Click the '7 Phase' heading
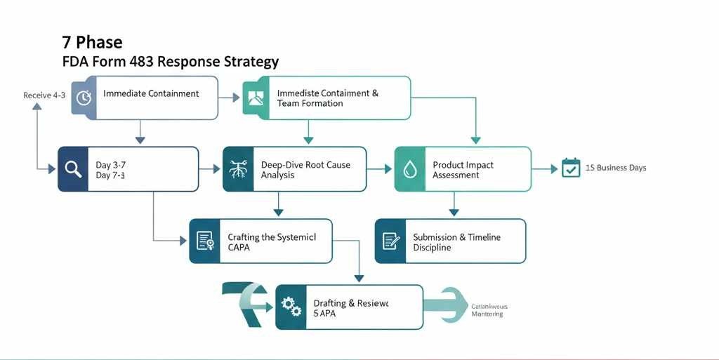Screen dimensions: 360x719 (x=92, y=42)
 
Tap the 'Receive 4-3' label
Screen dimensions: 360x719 (x=44, y=95)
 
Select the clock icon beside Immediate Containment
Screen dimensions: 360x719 (x=84, y=98)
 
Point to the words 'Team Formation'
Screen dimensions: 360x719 (x=310, y=103)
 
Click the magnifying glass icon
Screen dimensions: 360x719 (x=73, y=168)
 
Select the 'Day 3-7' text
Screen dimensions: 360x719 (x=110, y=165)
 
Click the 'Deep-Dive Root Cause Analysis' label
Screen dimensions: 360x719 (x=305, y=170)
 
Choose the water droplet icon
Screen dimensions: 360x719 (x=409, y=169)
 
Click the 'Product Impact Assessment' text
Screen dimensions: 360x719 (x=463, y=170)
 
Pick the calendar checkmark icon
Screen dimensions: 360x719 (x=571, y=168)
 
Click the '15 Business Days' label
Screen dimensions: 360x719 (x=616, y=168)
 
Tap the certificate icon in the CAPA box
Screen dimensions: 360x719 (x=205, y=241)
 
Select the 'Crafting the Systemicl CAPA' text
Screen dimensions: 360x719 (x=272, y=242)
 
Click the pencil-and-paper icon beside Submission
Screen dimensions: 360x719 (x=390, y=241)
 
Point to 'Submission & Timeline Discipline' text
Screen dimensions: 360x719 (x=456, y=242)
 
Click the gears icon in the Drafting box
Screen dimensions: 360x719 (x=291, y=307)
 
